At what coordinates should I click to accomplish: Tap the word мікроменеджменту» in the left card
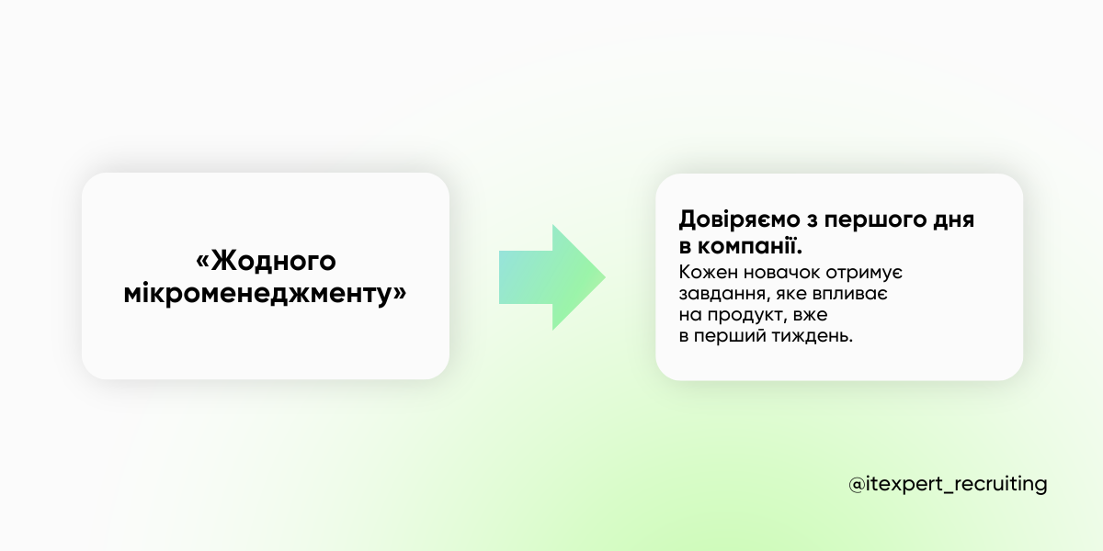coord(266,296)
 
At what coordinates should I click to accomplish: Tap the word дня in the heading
coord(955,221)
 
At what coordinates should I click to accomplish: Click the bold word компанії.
coord(750,247)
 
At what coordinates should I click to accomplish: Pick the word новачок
coord(783,273)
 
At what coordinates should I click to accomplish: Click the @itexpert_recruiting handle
coord(948,484)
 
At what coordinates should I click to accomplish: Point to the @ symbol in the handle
coord(857,484)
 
